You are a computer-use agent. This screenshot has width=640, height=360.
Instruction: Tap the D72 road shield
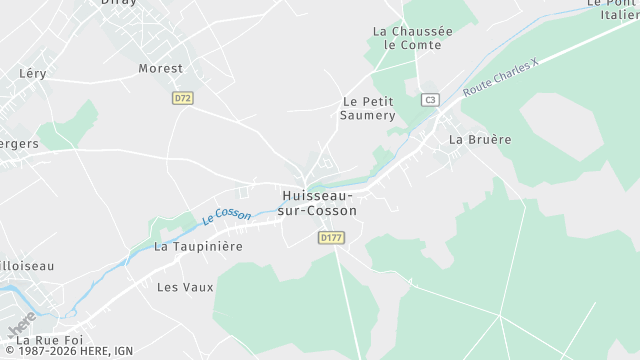point(182,98)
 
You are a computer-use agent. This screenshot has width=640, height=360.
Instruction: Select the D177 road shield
point(331,237)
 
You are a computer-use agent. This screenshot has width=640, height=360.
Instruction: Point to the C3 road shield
point(430,99)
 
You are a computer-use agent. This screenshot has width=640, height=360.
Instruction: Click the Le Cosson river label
point(226,214)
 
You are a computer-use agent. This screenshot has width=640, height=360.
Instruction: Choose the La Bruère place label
point(480,139)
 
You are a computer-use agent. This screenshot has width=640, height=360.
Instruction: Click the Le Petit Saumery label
point(369,108)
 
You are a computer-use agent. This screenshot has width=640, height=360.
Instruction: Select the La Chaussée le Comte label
point(412,38)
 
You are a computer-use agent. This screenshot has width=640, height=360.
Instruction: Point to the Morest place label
point(160,69)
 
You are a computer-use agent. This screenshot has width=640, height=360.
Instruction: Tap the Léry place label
point(33,74)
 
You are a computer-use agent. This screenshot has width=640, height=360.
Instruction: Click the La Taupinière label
point(198,246)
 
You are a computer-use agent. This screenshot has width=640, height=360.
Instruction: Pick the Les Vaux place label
point(185,287)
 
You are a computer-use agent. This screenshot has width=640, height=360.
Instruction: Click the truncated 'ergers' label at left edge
point(19,144)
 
